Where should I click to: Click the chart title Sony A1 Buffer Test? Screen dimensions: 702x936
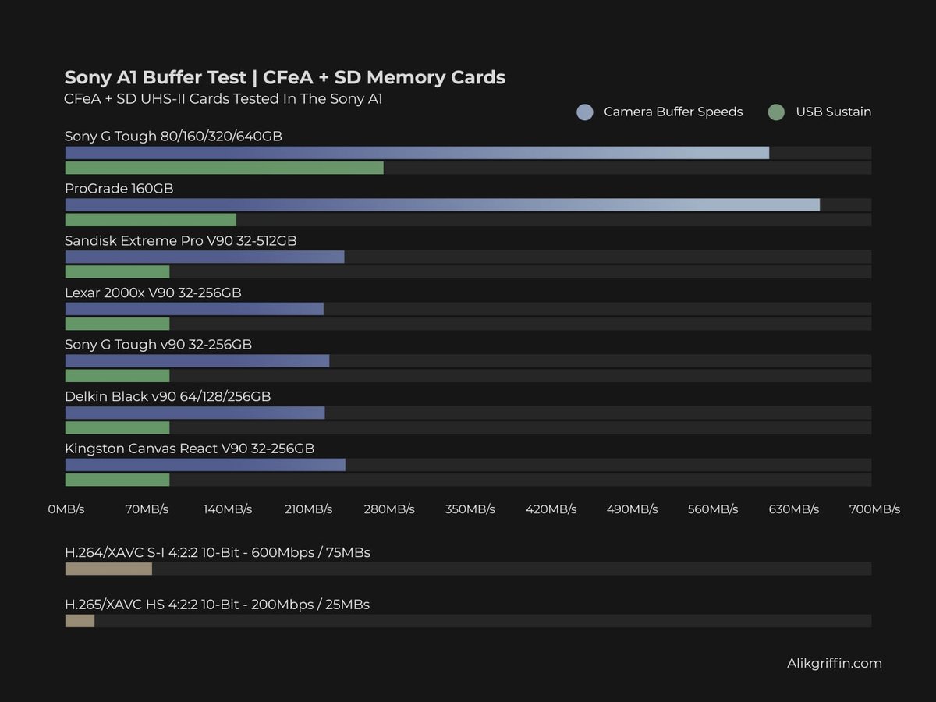285,77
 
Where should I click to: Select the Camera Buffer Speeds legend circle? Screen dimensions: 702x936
585,112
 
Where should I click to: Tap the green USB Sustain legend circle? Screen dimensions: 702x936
775,112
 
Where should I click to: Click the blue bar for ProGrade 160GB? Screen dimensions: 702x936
441,204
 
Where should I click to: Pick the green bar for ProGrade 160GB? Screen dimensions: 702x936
151,220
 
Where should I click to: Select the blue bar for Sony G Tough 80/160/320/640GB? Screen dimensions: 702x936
417,153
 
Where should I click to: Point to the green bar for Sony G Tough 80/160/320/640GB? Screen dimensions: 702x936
224,168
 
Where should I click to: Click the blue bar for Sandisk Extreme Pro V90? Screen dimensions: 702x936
204,257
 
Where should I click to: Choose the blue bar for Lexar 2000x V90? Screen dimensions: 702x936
194,309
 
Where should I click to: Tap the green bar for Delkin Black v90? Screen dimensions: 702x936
117,427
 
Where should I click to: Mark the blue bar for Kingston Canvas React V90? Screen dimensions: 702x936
205,465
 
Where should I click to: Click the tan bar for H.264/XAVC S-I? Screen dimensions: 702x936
108,569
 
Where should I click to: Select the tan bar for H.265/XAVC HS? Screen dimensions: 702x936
80,621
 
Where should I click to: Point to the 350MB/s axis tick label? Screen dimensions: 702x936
470,509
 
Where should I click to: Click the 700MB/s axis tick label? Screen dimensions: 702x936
874,509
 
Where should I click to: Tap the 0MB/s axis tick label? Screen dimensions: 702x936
66,509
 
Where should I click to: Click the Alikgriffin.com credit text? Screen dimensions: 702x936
834,664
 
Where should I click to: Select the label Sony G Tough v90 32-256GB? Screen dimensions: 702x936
158,345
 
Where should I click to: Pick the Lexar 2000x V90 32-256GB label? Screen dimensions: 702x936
153,292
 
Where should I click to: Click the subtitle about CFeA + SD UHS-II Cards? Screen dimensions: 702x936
223,99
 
